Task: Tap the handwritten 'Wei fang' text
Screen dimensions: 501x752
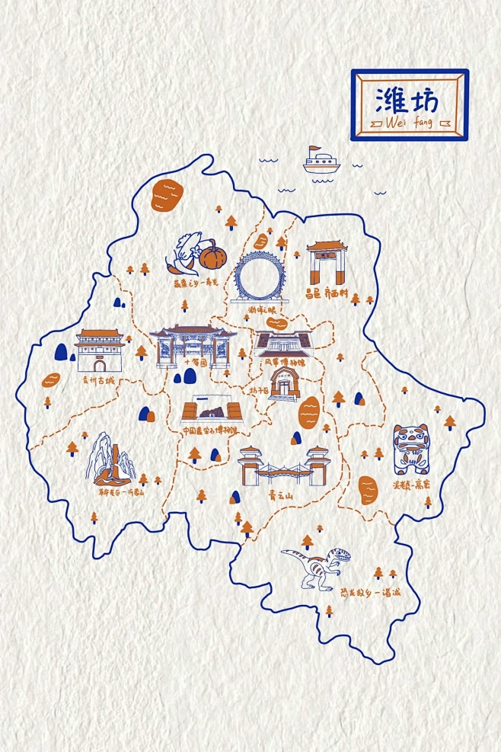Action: click(x=409, y=123)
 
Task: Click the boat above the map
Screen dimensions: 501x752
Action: click(x=320, y=161)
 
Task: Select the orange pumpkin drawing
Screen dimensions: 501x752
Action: click(x=211, y=257)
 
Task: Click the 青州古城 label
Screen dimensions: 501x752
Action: click(x=97, y=379)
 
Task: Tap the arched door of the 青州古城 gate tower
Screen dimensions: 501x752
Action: click(x=99, y=364)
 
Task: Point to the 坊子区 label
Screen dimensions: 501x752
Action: click(x=258, y=391)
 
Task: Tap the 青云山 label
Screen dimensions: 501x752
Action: click(x=281, y=494)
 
